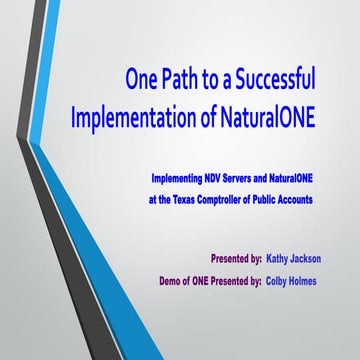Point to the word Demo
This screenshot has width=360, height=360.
pyautogui.click(x=171, y=281)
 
